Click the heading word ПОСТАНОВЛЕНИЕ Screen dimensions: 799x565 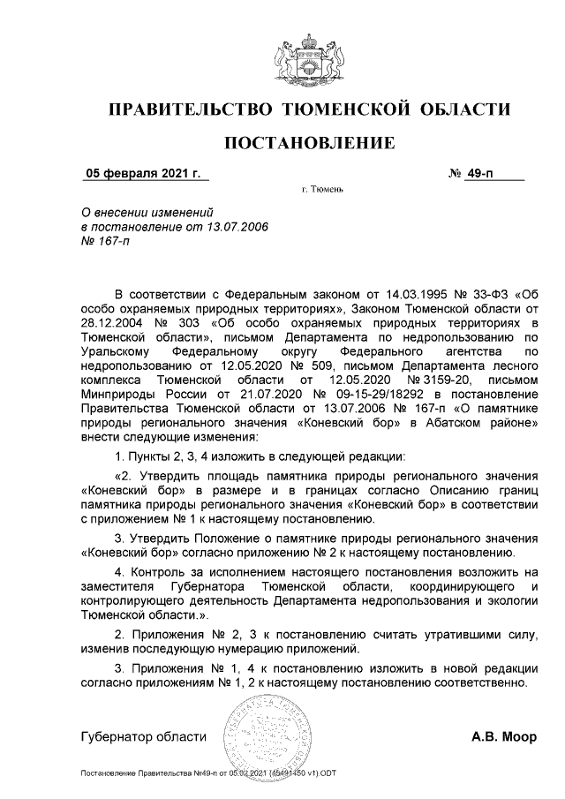[309, 141]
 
